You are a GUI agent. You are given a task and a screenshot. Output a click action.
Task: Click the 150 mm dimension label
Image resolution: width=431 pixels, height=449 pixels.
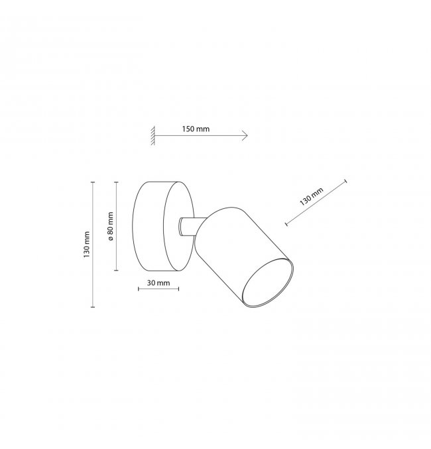coord(196,129)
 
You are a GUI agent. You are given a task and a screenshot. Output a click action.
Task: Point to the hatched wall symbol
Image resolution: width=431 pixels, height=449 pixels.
coord(153,135)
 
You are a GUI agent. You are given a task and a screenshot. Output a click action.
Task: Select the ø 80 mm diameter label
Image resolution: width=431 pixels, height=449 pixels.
coord(111,226)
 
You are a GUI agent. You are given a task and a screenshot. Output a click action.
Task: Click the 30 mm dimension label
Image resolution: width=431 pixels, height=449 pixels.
coord(158,283)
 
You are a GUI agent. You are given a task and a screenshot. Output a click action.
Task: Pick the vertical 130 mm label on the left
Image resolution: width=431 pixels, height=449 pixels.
coord(87,245)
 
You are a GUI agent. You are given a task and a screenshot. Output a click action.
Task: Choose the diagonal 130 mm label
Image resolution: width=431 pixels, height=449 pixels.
coord(311,196)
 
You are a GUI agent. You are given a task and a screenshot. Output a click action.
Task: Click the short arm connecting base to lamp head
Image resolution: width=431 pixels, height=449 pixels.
coord(190,227)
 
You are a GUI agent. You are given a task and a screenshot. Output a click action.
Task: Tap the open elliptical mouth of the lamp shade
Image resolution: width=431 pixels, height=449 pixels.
coord(267,283)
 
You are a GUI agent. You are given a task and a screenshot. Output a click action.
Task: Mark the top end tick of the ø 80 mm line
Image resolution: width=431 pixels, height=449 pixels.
coord(116,182)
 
